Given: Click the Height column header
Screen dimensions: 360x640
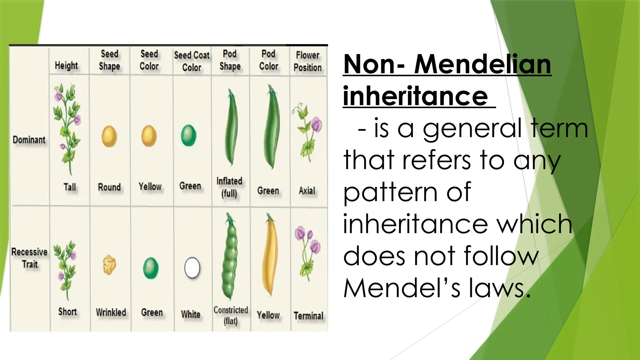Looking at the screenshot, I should [66, 66].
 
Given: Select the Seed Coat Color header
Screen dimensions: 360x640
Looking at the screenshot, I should [192, 61].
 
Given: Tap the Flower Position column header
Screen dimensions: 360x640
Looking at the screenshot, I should [307, 61].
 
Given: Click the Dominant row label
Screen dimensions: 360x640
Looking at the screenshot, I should [29, 140].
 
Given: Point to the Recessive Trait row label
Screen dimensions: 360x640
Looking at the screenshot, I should [29, 258].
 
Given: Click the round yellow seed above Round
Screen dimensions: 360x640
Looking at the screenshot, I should [109, 136].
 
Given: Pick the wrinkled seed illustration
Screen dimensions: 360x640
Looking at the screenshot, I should [109, 265].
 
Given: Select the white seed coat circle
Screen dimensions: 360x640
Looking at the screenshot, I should [192, 268].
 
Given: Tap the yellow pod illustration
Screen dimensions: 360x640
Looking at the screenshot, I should [269, 255].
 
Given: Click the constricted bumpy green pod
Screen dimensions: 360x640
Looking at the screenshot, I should [230, 256].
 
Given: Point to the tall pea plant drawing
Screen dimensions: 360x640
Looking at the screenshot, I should [67, 128].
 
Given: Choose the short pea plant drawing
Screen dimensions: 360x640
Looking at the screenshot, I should [65, 269].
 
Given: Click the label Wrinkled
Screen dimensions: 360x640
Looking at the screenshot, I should [111, 312].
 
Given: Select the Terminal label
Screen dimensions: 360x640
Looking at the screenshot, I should [308, 316].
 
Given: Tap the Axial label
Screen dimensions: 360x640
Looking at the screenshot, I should [307, 190].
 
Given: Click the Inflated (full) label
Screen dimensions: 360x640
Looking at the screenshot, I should [229, 187].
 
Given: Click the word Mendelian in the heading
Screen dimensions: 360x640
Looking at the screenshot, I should [482, 64].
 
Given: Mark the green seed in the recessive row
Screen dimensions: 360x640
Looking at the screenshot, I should [151, 268].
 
